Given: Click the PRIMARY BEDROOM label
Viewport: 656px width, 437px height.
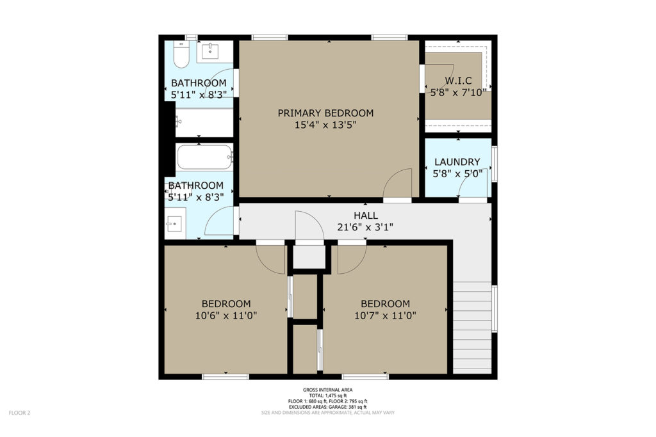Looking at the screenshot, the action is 325,113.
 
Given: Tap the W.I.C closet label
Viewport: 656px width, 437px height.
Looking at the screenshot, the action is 458,81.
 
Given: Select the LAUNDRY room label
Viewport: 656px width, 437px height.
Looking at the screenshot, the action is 457,162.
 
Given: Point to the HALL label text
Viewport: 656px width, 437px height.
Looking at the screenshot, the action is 366,216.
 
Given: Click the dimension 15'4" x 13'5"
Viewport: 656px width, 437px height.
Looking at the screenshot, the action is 325,125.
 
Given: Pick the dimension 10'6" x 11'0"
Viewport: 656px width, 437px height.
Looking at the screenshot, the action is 226,315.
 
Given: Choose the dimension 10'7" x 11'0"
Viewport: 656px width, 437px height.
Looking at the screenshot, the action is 385,315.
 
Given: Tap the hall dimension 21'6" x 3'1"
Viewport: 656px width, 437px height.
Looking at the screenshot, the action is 365,227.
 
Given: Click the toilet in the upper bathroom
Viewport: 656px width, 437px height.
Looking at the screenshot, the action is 181,54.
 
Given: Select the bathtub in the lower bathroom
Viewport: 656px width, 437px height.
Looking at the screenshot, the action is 204,157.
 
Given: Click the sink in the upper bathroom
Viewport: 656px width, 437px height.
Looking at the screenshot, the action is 209,51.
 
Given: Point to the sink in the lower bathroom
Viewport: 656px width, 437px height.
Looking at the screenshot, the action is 174,224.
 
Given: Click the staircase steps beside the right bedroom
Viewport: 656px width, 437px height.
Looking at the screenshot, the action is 472,328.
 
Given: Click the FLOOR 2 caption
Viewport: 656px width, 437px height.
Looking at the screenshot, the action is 20,413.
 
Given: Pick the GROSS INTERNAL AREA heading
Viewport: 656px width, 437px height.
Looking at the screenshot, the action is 327,390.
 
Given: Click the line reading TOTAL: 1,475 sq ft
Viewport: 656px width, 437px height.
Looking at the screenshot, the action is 327,395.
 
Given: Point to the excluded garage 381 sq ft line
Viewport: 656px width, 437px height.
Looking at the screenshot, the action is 327,407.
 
